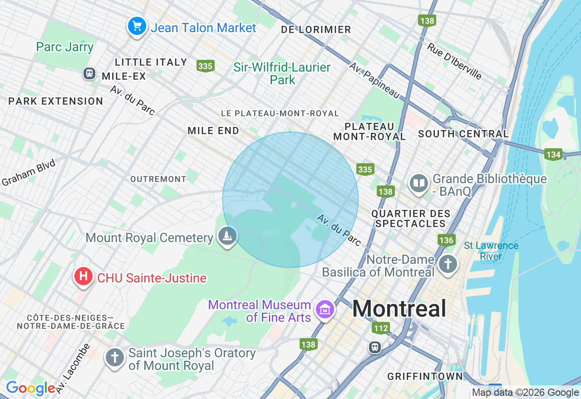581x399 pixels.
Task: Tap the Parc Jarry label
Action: coord(65,47)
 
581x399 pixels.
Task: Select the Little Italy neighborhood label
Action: coord(151,62)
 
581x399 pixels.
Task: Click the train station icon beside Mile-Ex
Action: coord(89,73)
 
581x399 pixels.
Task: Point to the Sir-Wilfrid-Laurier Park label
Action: coord(282,73)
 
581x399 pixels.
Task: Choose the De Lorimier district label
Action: coord(316,30)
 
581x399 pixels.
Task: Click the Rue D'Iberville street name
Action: coord(454,61)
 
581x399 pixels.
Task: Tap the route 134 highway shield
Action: coord(553,155)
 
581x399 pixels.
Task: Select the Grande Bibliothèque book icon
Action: coord(419,183)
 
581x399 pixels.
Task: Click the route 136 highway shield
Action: coord(446,240)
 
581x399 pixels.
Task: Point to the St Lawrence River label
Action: coord(491,251)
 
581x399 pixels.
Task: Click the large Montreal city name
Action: coord(399,309)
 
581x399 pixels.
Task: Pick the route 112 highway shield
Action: coord(380,328)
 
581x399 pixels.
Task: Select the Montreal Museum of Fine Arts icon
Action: coord(325,310)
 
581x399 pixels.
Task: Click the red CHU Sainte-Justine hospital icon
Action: coord(83,276)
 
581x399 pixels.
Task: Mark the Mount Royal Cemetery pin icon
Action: coord(226,236)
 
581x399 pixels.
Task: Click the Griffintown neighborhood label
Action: coord(425,376)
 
